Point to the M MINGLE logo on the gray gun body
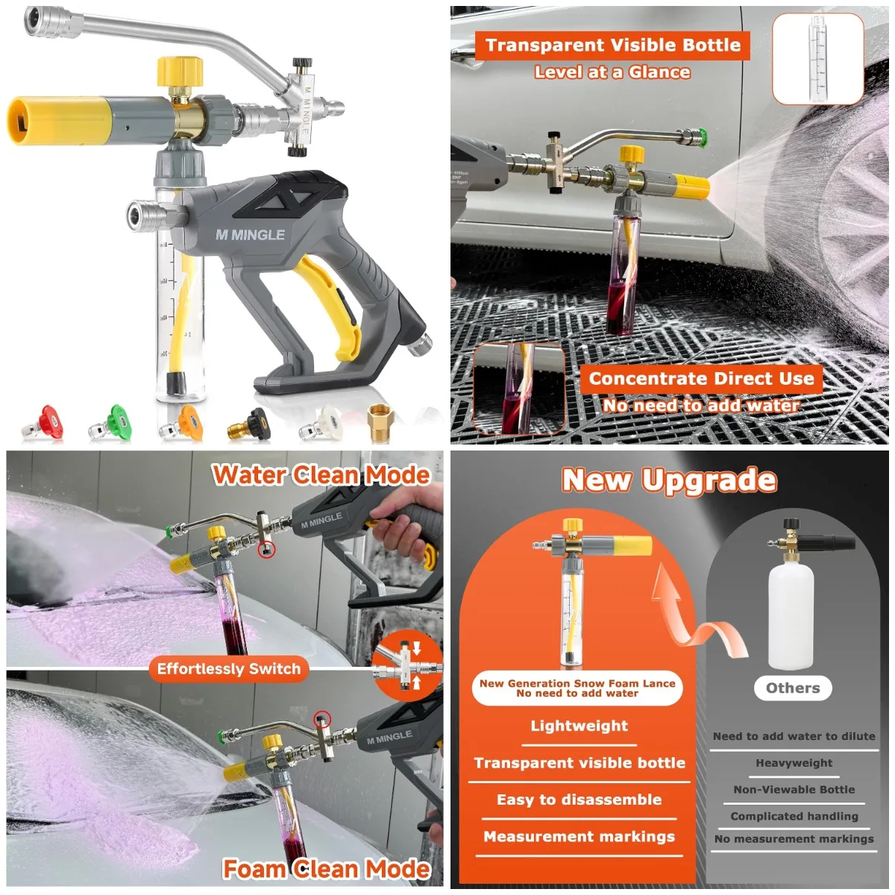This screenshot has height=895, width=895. point(250,235)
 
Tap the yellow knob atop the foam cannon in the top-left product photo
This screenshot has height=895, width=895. point(180,72)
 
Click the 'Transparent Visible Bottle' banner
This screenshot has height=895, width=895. point(612,45)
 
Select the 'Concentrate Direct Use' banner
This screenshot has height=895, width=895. point(701,379)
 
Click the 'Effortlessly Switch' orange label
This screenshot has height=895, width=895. point(228,669)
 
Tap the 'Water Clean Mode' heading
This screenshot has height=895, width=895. point(321,475)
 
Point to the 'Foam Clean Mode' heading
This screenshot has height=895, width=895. point(327,869)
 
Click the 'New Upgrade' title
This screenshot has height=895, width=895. point(669,480)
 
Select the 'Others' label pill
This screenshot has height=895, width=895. point(792,688)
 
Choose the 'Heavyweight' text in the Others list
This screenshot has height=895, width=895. point(794,763)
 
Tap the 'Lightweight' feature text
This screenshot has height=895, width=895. point(579,726)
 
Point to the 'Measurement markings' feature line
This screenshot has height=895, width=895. point(579,837)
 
